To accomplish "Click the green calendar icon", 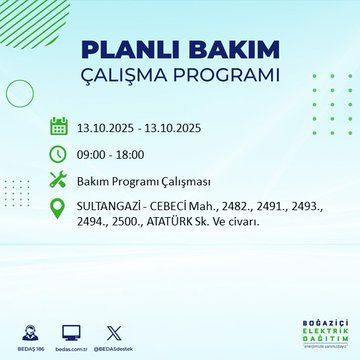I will point(59,128).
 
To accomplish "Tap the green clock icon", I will point(59,155).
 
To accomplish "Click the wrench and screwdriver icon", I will point(59,182).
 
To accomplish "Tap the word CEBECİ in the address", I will point(177,207).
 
